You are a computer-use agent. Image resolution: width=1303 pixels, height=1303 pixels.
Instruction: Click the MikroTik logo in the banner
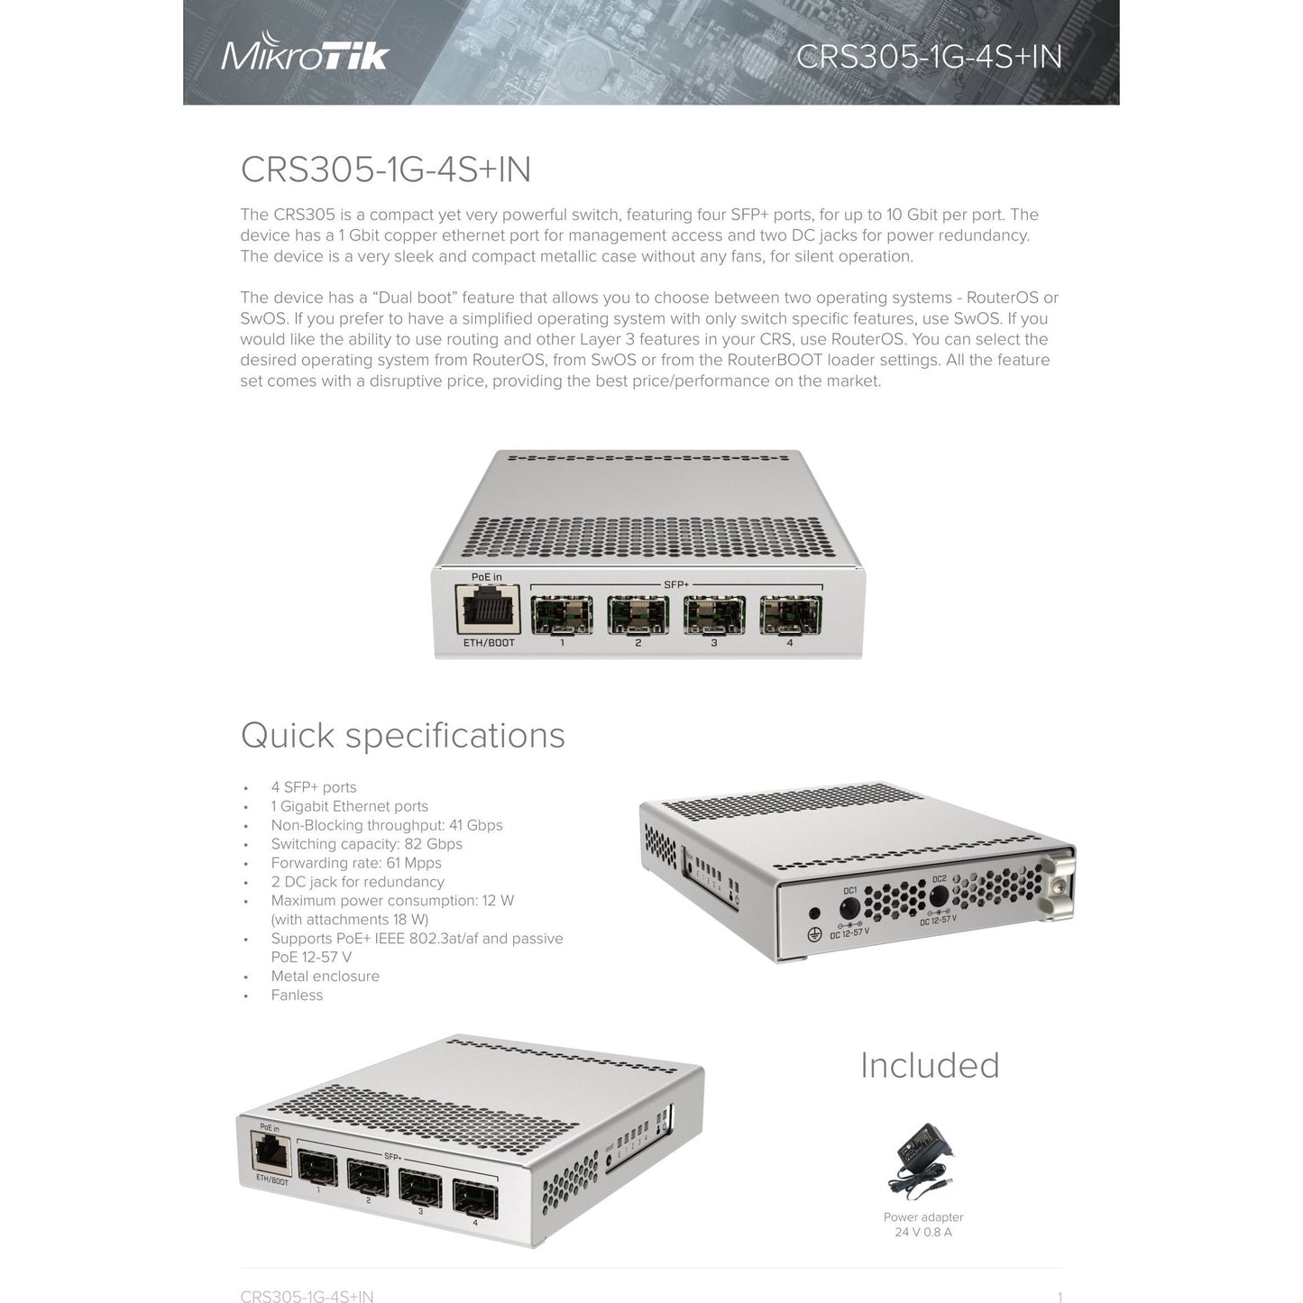click(305, 52)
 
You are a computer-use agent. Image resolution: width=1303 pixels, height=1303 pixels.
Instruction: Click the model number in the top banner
click(929, 57)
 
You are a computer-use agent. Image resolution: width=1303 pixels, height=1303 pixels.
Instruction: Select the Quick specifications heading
click(402, 736)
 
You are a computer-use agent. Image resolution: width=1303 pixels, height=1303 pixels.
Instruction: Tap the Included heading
click(930, 1066)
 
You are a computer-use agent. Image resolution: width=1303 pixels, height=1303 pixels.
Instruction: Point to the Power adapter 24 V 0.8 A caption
click(923, 1225)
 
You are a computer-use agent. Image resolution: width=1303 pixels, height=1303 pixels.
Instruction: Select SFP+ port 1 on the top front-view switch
click(562, 615)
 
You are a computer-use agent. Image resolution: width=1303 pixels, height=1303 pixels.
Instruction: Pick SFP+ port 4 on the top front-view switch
click(790, 615)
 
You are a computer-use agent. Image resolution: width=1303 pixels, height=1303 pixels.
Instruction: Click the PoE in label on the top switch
click(487, 577)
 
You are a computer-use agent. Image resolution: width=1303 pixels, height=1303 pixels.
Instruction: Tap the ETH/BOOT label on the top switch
click(489, 642)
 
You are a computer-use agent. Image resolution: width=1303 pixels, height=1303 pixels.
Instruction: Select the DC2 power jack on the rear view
click(939, 896)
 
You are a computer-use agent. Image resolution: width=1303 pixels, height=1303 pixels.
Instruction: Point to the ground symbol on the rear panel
click(814, 936)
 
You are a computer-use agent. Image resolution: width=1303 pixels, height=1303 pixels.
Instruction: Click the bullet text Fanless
click(297, 996)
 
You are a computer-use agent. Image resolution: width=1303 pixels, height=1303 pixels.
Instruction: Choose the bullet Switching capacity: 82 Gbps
click(366, 844)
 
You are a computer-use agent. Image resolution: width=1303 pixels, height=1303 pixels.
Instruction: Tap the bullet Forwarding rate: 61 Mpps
click(355, 863)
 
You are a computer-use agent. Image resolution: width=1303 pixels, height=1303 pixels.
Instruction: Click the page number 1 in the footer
click(1060, 1297)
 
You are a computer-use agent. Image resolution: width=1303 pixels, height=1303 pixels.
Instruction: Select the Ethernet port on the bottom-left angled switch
click(271, 1154)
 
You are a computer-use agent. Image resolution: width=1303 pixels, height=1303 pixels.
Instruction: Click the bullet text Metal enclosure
click(326, 977)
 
